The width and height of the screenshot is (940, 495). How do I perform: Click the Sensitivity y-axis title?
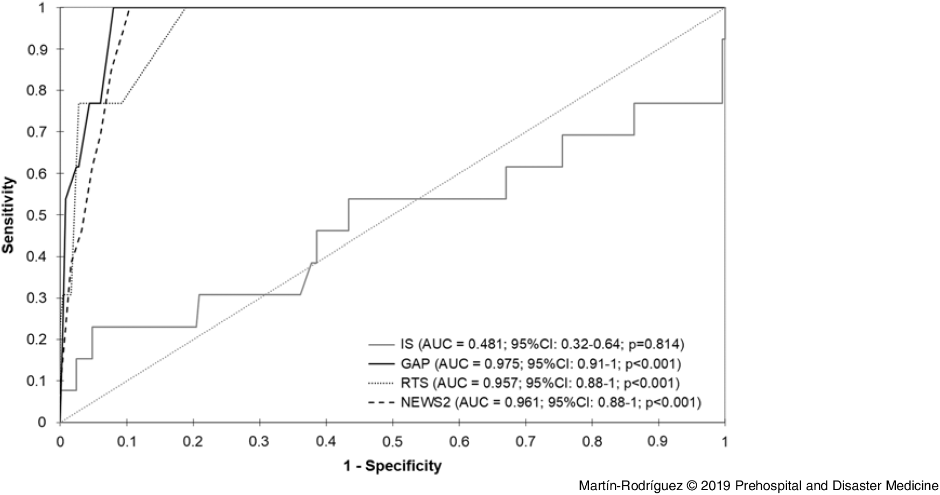[8, 215]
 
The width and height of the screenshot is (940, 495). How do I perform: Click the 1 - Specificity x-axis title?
[392, 465]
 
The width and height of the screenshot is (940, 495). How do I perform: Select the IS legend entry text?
[542, 343]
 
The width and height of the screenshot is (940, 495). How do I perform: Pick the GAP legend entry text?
[541, 364]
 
